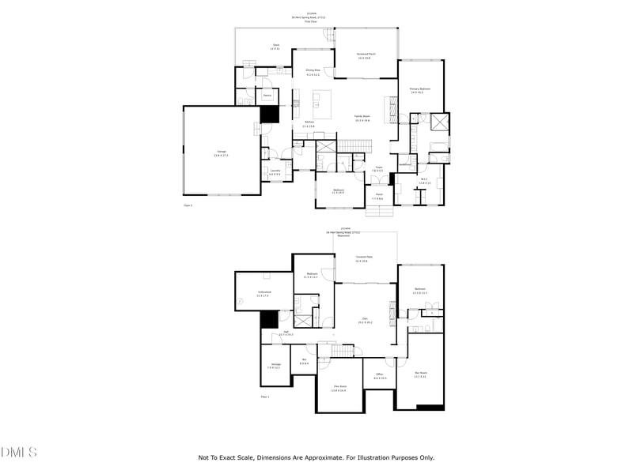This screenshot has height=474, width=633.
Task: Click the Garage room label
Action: pos(222,152)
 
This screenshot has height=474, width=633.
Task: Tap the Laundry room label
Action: pos(275,171)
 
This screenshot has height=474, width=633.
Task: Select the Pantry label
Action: pos(268,95)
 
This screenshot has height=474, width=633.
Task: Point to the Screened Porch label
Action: pos(365,55)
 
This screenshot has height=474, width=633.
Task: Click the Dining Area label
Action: pos(313,70)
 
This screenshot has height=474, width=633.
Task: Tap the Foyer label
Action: pos(379,167)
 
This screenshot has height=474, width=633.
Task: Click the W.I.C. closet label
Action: pos(424,179)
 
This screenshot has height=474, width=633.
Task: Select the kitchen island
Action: pos(322,100)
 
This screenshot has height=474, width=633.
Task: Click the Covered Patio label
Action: pos(365,258)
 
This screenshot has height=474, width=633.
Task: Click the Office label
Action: pos(380,374)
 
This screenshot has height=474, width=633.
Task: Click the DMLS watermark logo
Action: pos(19,452)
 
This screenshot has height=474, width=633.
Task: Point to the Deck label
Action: pos(276,46)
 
